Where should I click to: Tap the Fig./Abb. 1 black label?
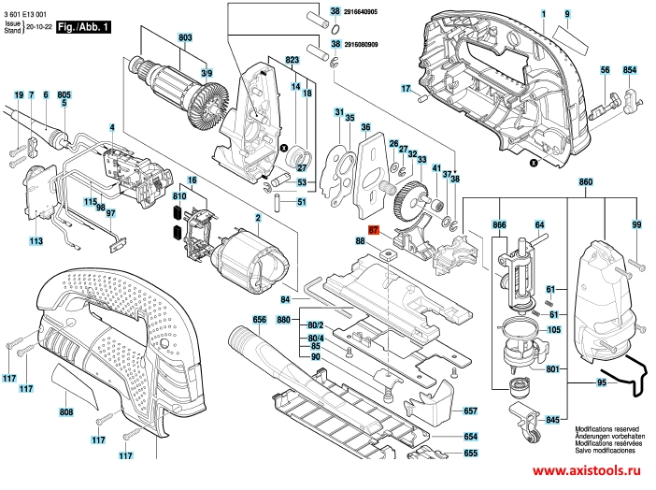(x=83, y=27)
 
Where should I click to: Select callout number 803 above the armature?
(x=184, y=37)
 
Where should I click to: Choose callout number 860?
(x=586, y=180)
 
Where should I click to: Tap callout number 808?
(x=66, y=411)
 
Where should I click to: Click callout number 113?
(x=36, y=242)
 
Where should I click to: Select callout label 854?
(x=629, y=70)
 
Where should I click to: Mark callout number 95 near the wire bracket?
(x=602, y=382)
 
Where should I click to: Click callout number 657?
(x=470, y=411)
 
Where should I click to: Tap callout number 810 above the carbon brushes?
(x=179, y=197)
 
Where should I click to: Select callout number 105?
(x=554, y=331)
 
